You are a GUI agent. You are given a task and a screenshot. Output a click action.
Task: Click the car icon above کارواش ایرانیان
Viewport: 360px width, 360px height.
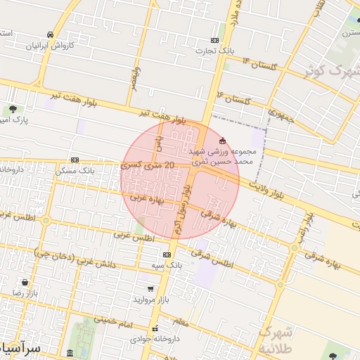[50, 34]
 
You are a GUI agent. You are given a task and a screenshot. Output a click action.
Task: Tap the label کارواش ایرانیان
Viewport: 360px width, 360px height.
[50, 46]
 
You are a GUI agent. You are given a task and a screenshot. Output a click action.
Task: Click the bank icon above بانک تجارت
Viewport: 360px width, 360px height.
[214, 40]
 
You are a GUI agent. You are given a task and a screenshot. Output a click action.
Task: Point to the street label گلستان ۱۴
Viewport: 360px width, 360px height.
[256, 65]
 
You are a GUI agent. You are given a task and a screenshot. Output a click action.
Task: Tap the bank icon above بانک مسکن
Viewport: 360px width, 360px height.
[75, 159]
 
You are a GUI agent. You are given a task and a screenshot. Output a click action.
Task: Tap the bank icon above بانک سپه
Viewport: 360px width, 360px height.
[167, 255]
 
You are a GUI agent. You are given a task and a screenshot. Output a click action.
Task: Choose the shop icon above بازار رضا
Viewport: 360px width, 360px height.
[25, 283]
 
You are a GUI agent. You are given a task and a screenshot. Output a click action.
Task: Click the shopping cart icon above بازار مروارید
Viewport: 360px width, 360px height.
[150, 288]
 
